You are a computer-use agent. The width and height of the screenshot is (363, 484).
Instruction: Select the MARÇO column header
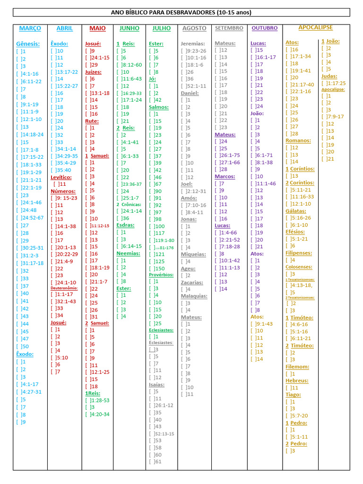point(30,28)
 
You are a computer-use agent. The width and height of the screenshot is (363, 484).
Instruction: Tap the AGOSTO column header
point(194,28)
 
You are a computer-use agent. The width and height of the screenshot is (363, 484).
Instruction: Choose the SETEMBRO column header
point(229,28)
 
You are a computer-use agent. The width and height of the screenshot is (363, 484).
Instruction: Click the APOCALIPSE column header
point(315,28)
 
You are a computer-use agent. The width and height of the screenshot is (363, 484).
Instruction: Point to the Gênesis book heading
point(28,43)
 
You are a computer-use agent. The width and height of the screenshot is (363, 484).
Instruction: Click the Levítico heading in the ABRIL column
point(61,177)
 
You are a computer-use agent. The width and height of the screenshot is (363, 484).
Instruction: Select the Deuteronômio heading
point(64,288)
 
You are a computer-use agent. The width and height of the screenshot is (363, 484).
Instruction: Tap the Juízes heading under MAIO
point(93,72)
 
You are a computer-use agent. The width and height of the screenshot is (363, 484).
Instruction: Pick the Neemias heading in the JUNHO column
point(128,253)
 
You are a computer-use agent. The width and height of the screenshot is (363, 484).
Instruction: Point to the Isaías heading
point(156,384)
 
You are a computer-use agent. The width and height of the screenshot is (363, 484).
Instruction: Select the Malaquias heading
point(194,296)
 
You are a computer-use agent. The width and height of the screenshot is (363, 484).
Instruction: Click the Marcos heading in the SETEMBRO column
point(225,176)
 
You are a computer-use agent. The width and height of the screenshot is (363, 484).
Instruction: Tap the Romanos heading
point(298,140)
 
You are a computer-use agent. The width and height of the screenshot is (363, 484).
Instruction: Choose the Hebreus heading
point(297,380)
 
